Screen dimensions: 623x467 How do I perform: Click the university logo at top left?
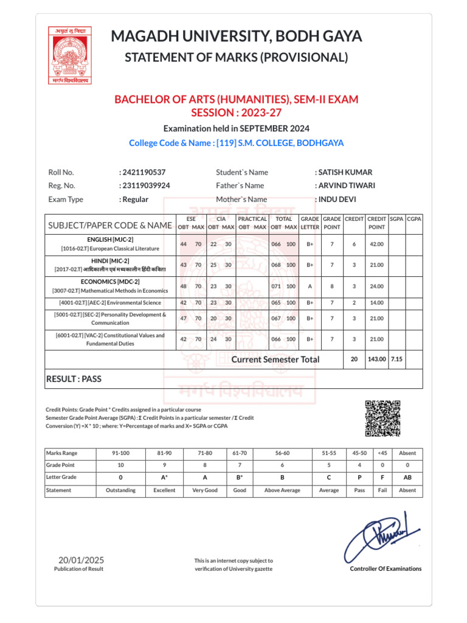tap(69, 55)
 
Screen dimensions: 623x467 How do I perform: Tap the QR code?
tap(382, 418)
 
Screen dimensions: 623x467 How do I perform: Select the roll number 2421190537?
tap(144, 172)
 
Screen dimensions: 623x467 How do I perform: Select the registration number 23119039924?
tap(147, 186)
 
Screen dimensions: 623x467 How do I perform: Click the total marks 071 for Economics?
tap(277, 285)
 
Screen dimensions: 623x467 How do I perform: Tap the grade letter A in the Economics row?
tap(310, 285)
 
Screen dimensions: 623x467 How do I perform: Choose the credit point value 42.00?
tap(376, 244)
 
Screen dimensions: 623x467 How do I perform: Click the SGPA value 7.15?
tap(396, 360)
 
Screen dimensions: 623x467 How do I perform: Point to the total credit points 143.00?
tap(376, 360)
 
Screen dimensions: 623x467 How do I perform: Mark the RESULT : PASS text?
tap(74, 379)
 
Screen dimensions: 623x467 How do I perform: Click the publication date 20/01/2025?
tap(81, 560)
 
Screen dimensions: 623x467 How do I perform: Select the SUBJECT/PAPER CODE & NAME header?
tap(109, 226)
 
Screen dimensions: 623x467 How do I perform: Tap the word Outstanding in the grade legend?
tap(120, 490)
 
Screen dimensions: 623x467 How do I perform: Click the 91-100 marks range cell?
tap(120, 453)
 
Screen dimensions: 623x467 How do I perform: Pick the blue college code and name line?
tap(236, 143)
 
